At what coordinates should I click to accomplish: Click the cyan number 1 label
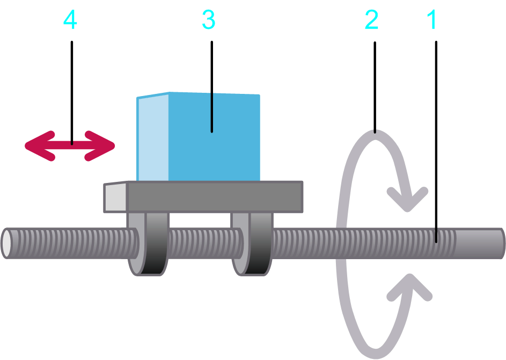pos(432,20)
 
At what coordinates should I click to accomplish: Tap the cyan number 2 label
pos(371,20)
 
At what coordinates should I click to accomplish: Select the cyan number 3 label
pos(208,20)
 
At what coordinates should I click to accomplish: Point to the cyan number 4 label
pos(70,20)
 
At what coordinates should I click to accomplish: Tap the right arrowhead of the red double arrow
pos(105,145)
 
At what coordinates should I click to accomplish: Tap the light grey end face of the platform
pos(115,197)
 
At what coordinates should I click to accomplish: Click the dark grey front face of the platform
pos(215,197)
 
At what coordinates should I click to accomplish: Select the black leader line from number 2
pos(375,86)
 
